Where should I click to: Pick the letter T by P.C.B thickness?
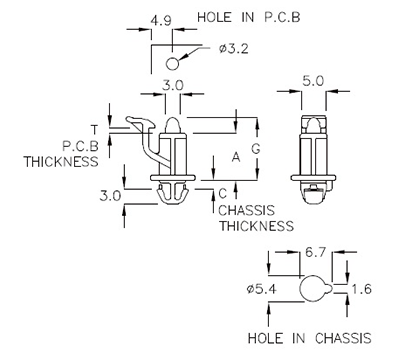pos(93,130)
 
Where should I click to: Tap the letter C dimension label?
pos(222,191)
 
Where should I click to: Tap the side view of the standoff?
pos(316,155)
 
